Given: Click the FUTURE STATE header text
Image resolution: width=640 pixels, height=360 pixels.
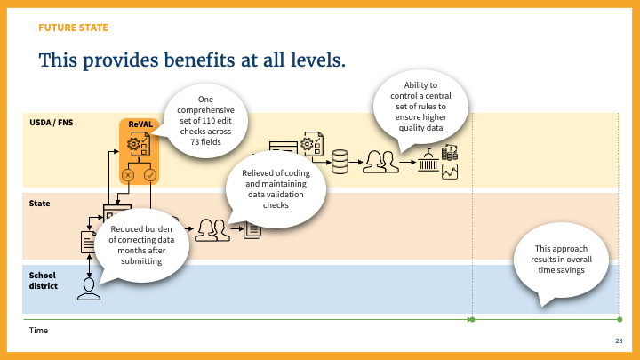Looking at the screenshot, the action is pyautogui.click(x=73, y=28).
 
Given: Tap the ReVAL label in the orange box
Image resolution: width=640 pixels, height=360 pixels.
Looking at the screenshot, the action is pyautogui.click(x=138, y=124).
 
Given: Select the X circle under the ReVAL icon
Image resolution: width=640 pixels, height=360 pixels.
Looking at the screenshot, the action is pyautogui.click(x=128, y=175).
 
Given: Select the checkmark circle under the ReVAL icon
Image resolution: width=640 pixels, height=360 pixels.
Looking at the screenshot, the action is pyautogui.click(x=149, y=175).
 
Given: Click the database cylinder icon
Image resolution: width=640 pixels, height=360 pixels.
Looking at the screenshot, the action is pyautogui.click(x=339, y=162).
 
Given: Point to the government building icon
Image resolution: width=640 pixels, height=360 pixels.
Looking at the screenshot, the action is pyautogui.click(x=429, y=164).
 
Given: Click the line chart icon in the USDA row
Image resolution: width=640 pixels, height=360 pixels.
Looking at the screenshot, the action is pyautogui.click(x=450, y=172).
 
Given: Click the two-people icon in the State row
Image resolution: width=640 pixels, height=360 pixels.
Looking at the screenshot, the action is pyautogui.click(x=212, y=230).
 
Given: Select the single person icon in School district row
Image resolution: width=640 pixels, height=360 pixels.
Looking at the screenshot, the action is pyautogui.click(x=88, y=287).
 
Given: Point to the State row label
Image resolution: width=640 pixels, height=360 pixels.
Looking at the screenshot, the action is pyautogui.click(x=39, y=204).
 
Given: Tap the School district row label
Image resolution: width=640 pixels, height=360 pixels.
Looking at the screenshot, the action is pyautogui.click(x=44, y=280).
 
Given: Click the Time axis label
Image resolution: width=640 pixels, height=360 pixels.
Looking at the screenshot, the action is pyautogui.click(x=38, y=330).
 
